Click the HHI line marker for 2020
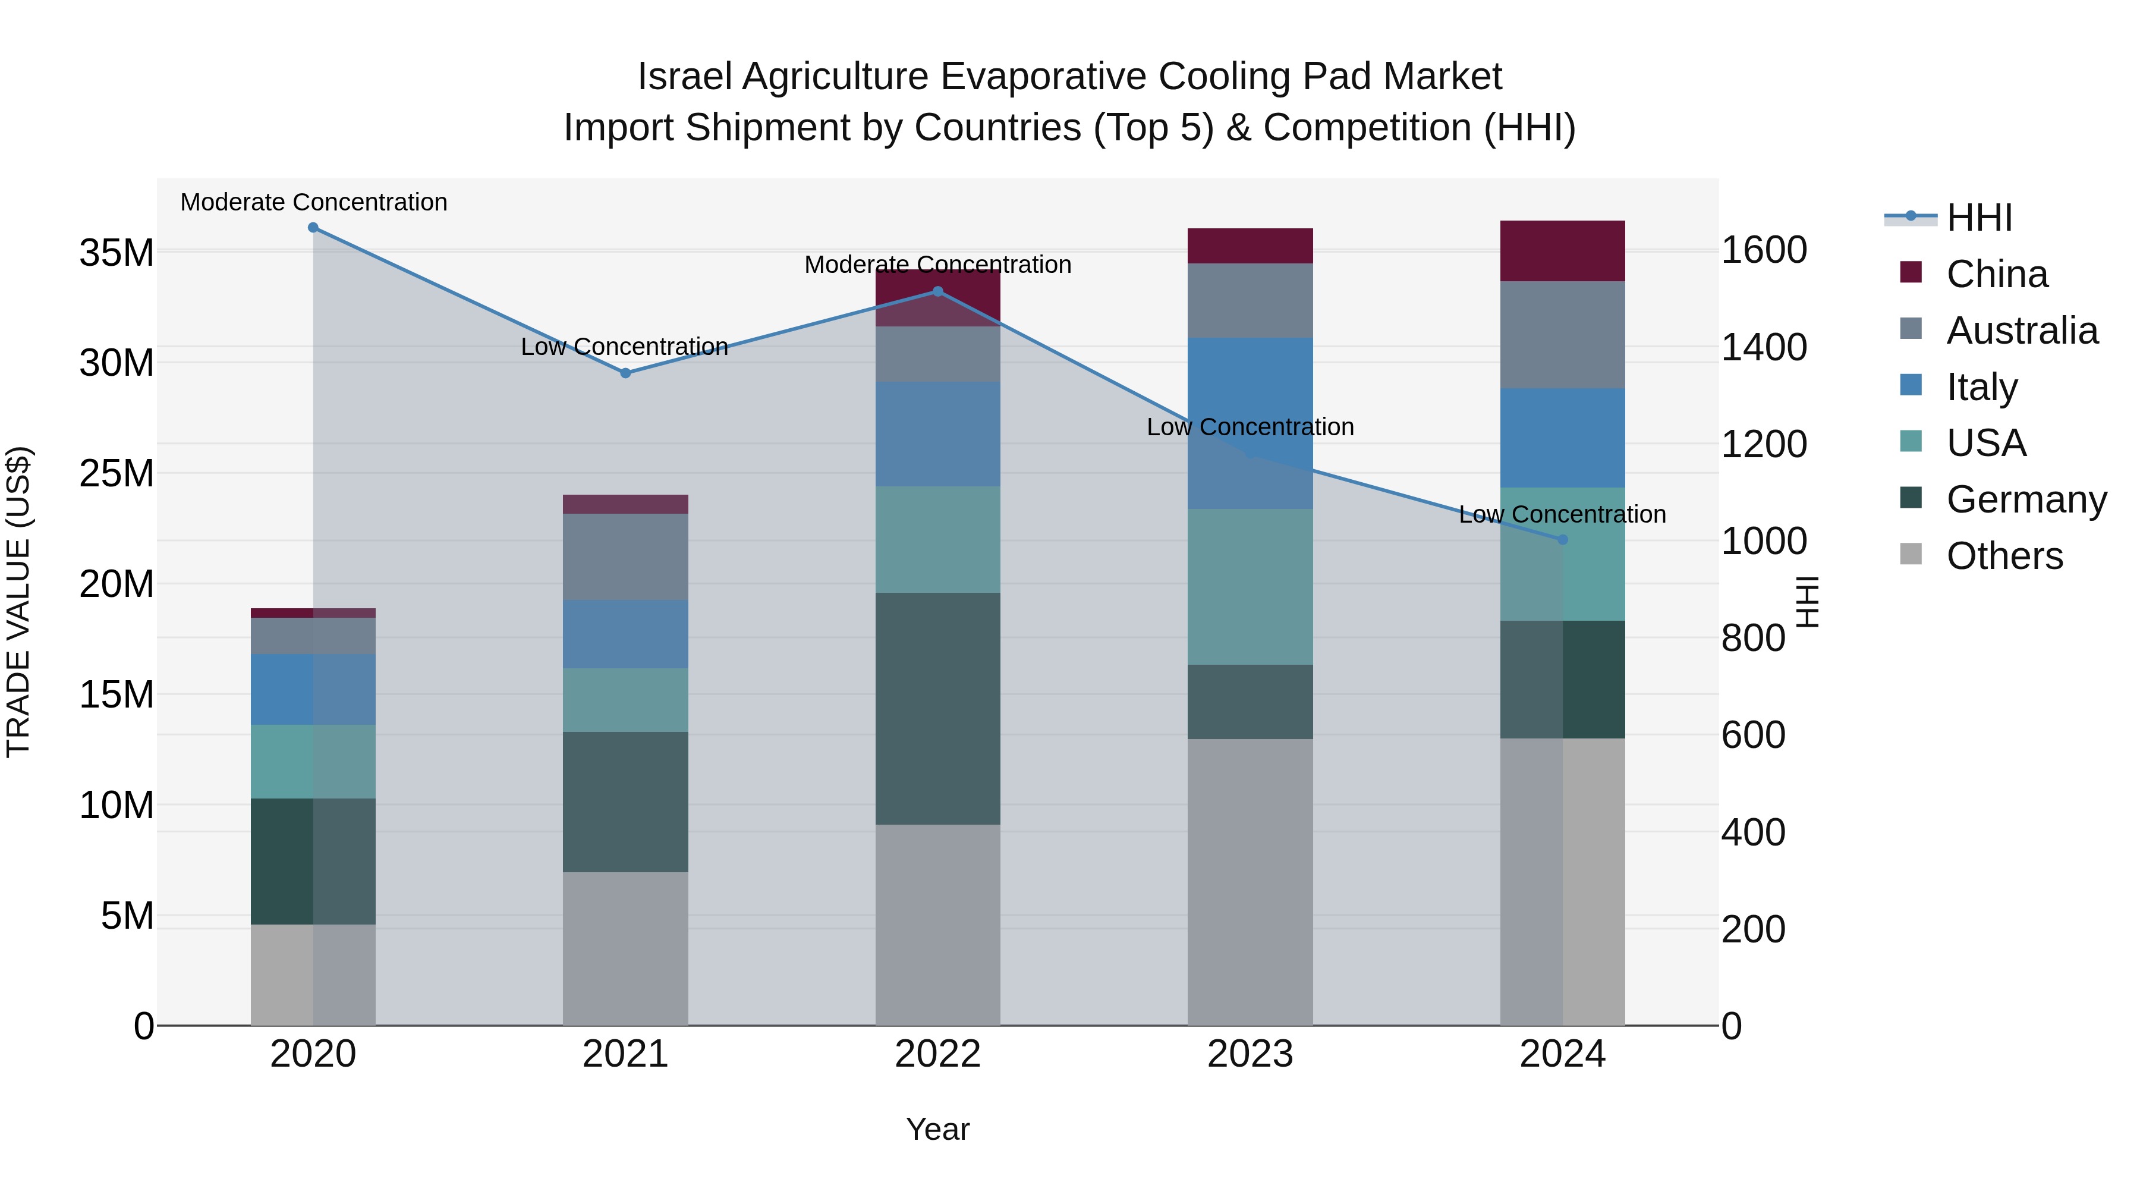click(313, 228)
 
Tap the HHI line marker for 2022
click(938, 292)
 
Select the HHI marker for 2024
click(1563, 540)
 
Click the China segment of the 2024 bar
click(1563, 251)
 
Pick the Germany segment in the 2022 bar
click(938, 708)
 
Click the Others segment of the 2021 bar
click(625, 948)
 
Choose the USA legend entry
click(1985, 443)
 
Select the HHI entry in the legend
click(1979, 218)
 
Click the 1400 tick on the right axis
click(1764, 347)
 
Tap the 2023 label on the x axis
click(1250, 1054)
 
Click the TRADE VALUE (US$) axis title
click(19, 602)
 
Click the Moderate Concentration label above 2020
click(314, 203)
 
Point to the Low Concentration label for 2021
click(625, 347)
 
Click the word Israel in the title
click(685, 77)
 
